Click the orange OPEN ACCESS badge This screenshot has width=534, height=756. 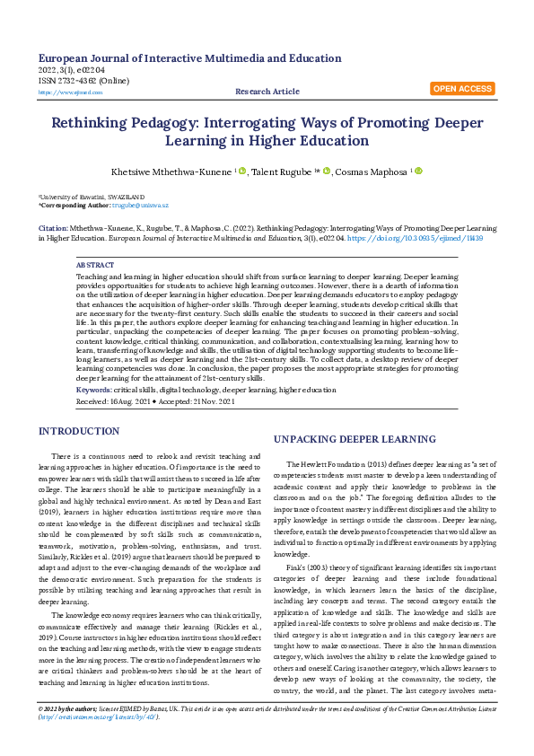coord(462,89)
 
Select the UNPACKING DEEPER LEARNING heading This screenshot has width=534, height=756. coord(342,439)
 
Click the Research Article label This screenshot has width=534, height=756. coord(267,92)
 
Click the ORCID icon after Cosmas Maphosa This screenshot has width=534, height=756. coord(417,171)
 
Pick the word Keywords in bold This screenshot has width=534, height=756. coord(94,390)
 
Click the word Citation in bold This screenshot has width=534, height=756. coord(52,229)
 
